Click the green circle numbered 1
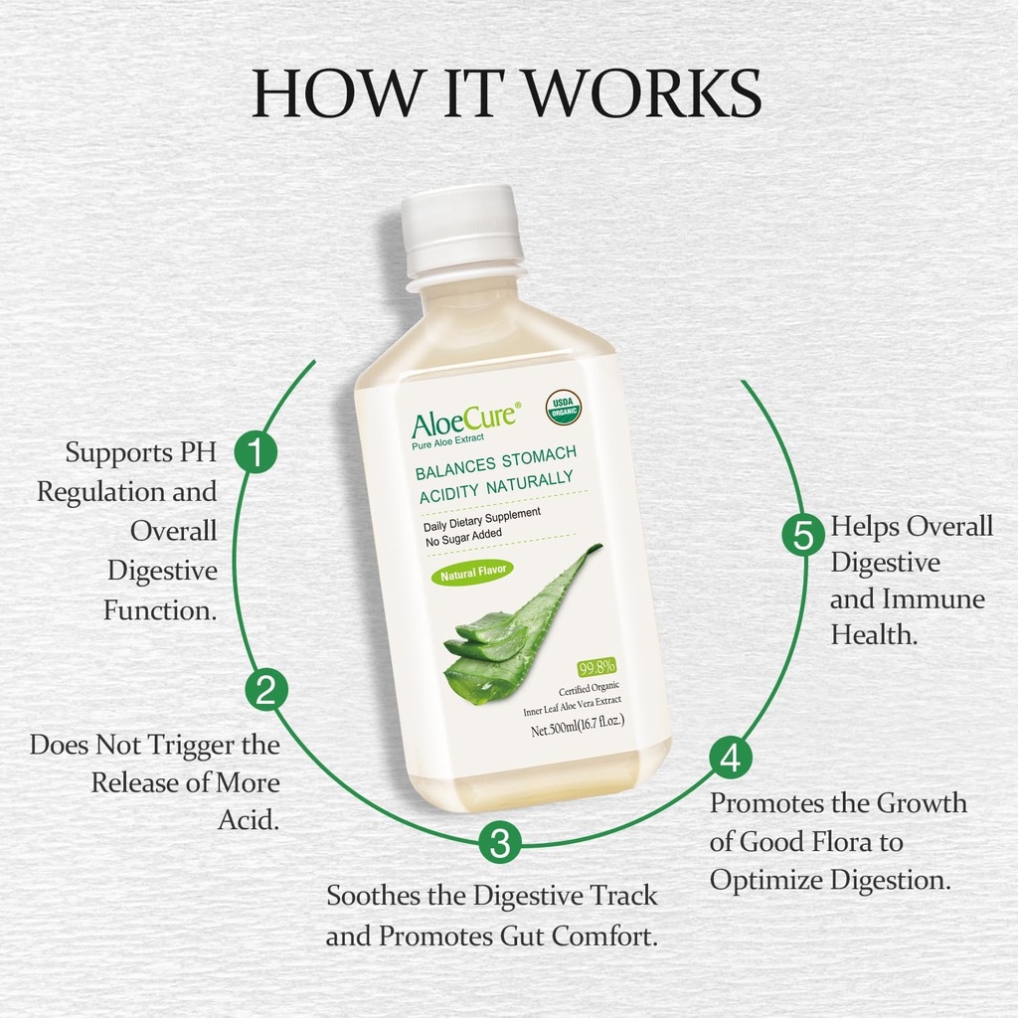coord(254,453)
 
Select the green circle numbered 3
coord(500,844)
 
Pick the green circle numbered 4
coord(730,759)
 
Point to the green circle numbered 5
coord(802,536)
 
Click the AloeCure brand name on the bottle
coord(464,419)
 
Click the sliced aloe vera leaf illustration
coord(517,626)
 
